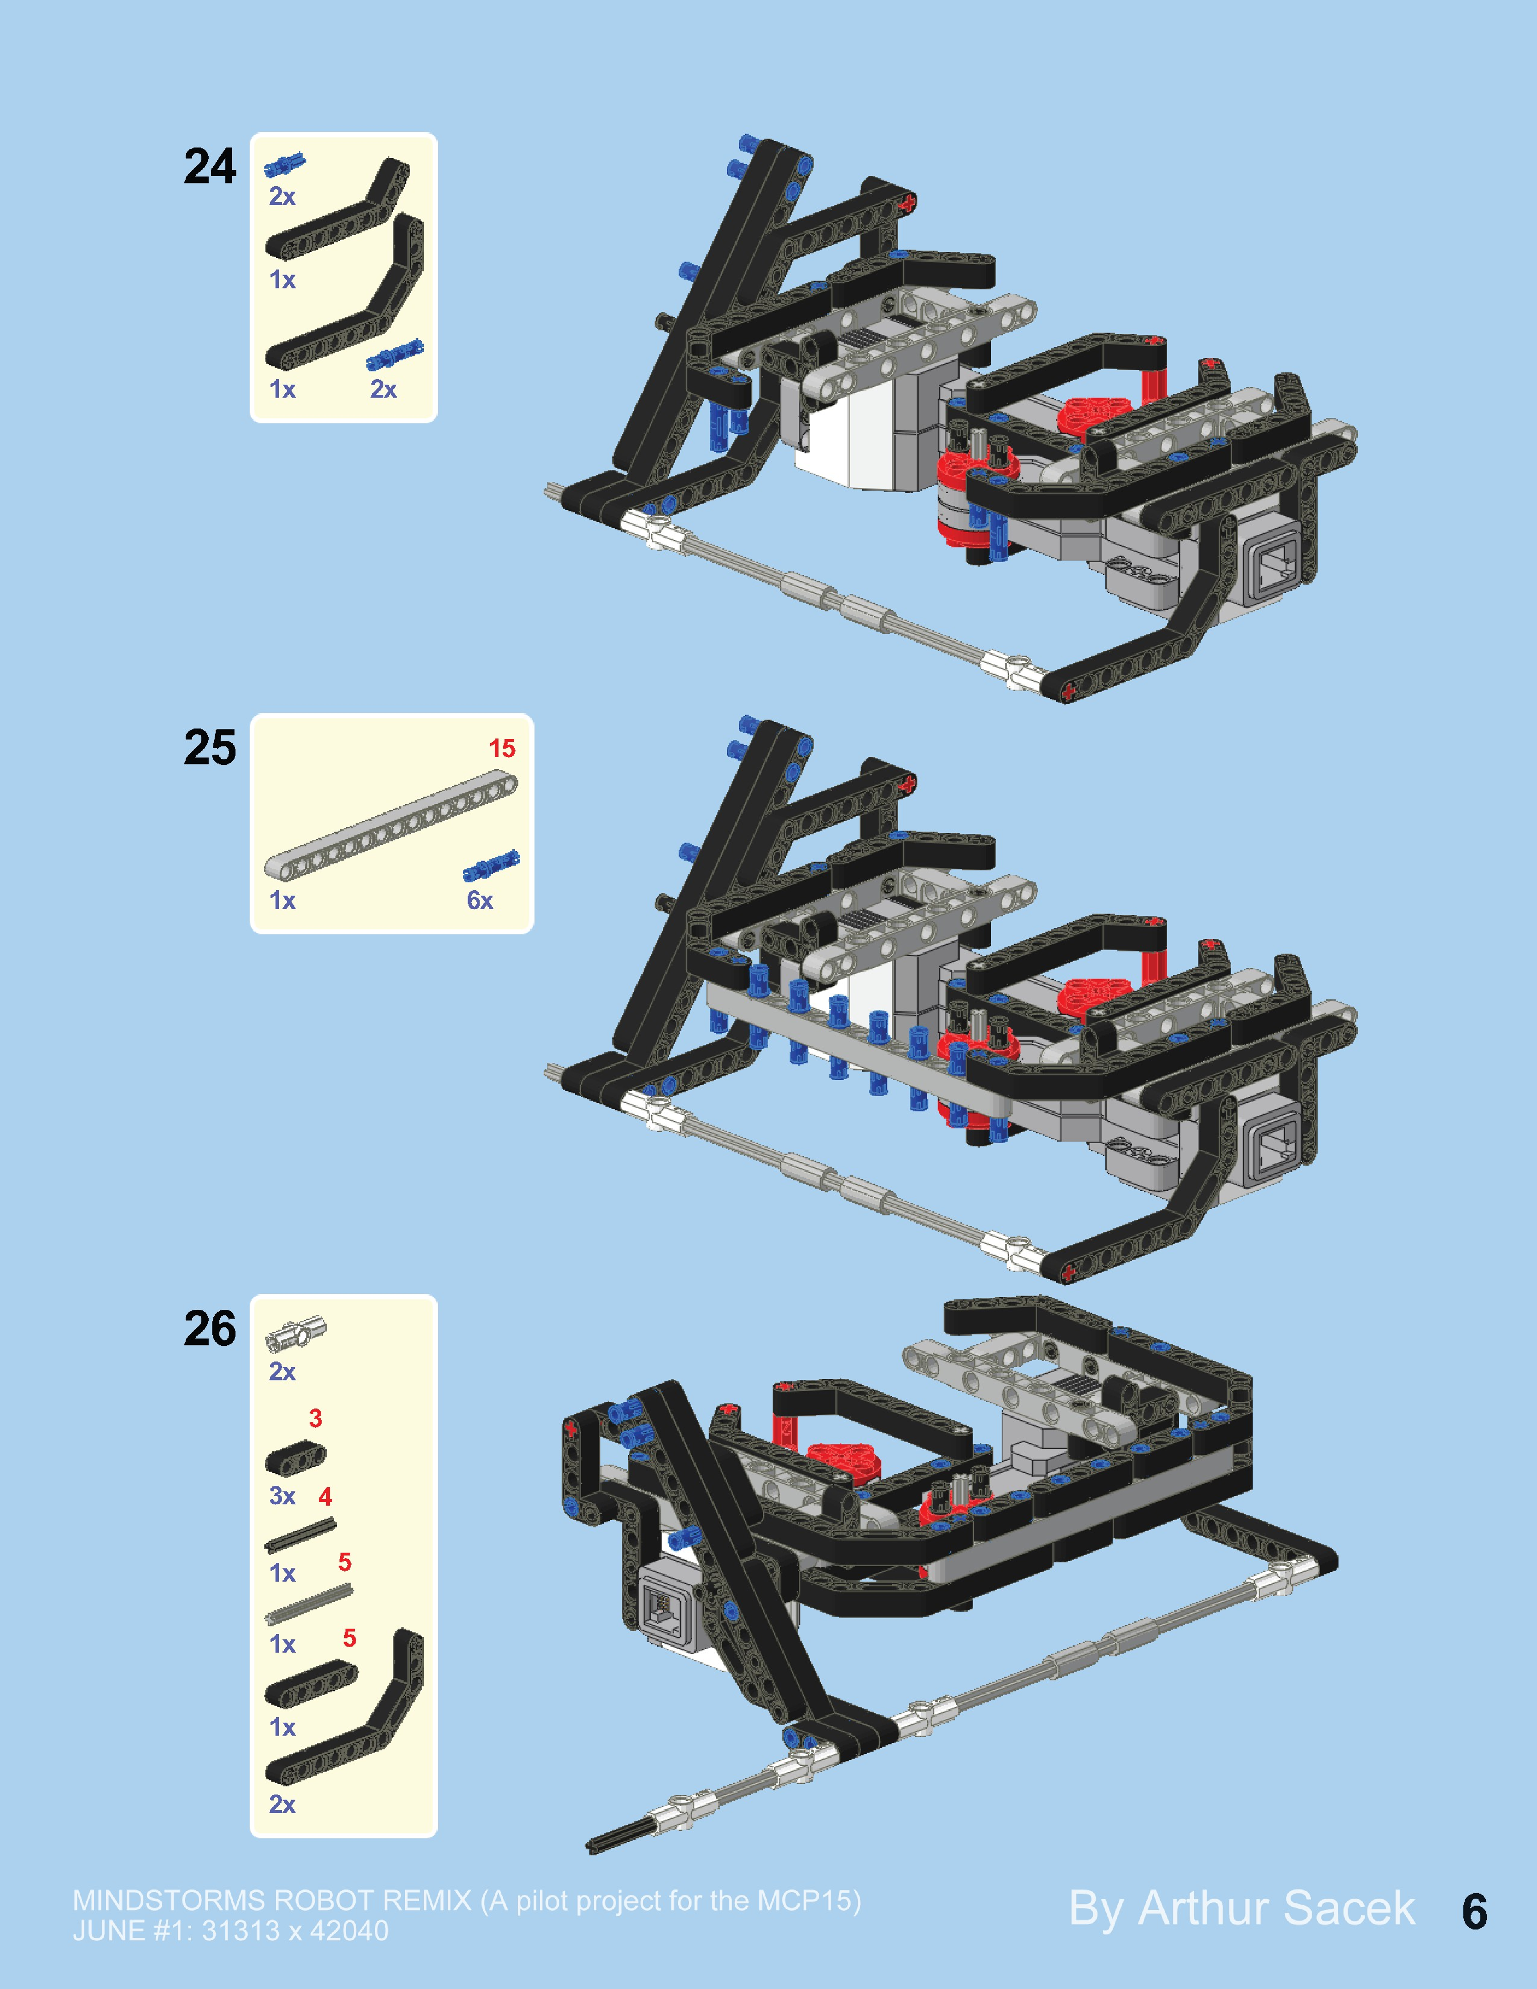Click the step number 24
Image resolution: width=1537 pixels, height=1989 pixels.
[x=210, y=167]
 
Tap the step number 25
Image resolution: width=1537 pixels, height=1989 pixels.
[x=210, y=748]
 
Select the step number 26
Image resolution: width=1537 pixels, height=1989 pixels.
[x=210, y=1329]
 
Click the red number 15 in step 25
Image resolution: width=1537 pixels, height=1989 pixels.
[x=502, y=749]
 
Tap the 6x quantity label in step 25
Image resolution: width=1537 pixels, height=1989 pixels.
[x=480, y=901]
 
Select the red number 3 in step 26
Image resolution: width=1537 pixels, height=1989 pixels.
[x=315, y=1418]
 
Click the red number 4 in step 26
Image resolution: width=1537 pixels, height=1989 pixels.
[x=325, y=1496]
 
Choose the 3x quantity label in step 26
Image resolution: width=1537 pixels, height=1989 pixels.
[x=282, y=1496]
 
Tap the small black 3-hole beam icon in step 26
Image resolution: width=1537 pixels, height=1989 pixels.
[x=295, y=1458]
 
